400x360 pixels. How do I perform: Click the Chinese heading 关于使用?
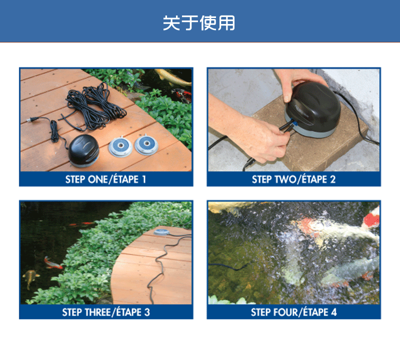[x=199, y=23]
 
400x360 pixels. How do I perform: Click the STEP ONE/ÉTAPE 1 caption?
[x=105, y=179]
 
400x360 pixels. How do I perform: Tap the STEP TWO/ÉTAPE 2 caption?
[x=293, y=179]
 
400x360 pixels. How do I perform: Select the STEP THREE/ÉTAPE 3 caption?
[x=106, y=312]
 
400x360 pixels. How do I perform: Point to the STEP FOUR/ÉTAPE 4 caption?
[x=293, y=312]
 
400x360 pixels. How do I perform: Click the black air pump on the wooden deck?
[x=84, y=150]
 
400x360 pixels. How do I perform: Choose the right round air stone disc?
[x=146, y=144]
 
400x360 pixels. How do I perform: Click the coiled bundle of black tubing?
[x=95, y=107]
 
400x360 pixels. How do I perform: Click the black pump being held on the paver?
[x=313, y=109]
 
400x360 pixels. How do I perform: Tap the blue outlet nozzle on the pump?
[x=295, y=124]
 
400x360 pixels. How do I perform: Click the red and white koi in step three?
[x=53, y=263]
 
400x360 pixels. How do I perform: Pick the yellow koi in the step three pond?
[x=31, y=278]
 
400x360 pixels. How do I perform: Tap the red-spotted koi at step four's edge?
[x=371, y=218]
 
